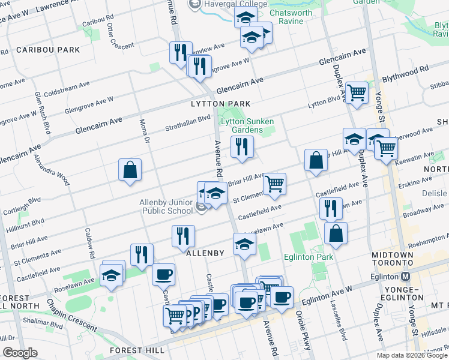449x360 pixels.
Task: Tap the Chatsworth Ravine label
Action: [x=295, y=16]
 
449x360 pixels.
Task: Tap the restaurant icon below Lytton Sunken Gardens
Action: [x=242, y=146]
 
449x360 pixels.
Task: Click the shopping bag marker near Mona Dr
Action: [x=130, y=170]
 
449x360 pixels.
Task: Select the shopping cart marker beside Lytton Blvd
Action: [x=357, y=93]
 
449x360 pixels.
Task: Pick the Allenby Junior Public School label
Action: [x=166, y=207]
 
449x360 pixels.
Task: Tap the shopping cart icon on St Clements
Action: [x=274, y=183]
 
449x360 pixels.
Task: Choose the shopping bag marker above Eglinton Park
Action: [x=336, y=233]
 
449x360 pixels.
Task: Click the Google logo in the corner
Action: [x=20, y=352]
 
